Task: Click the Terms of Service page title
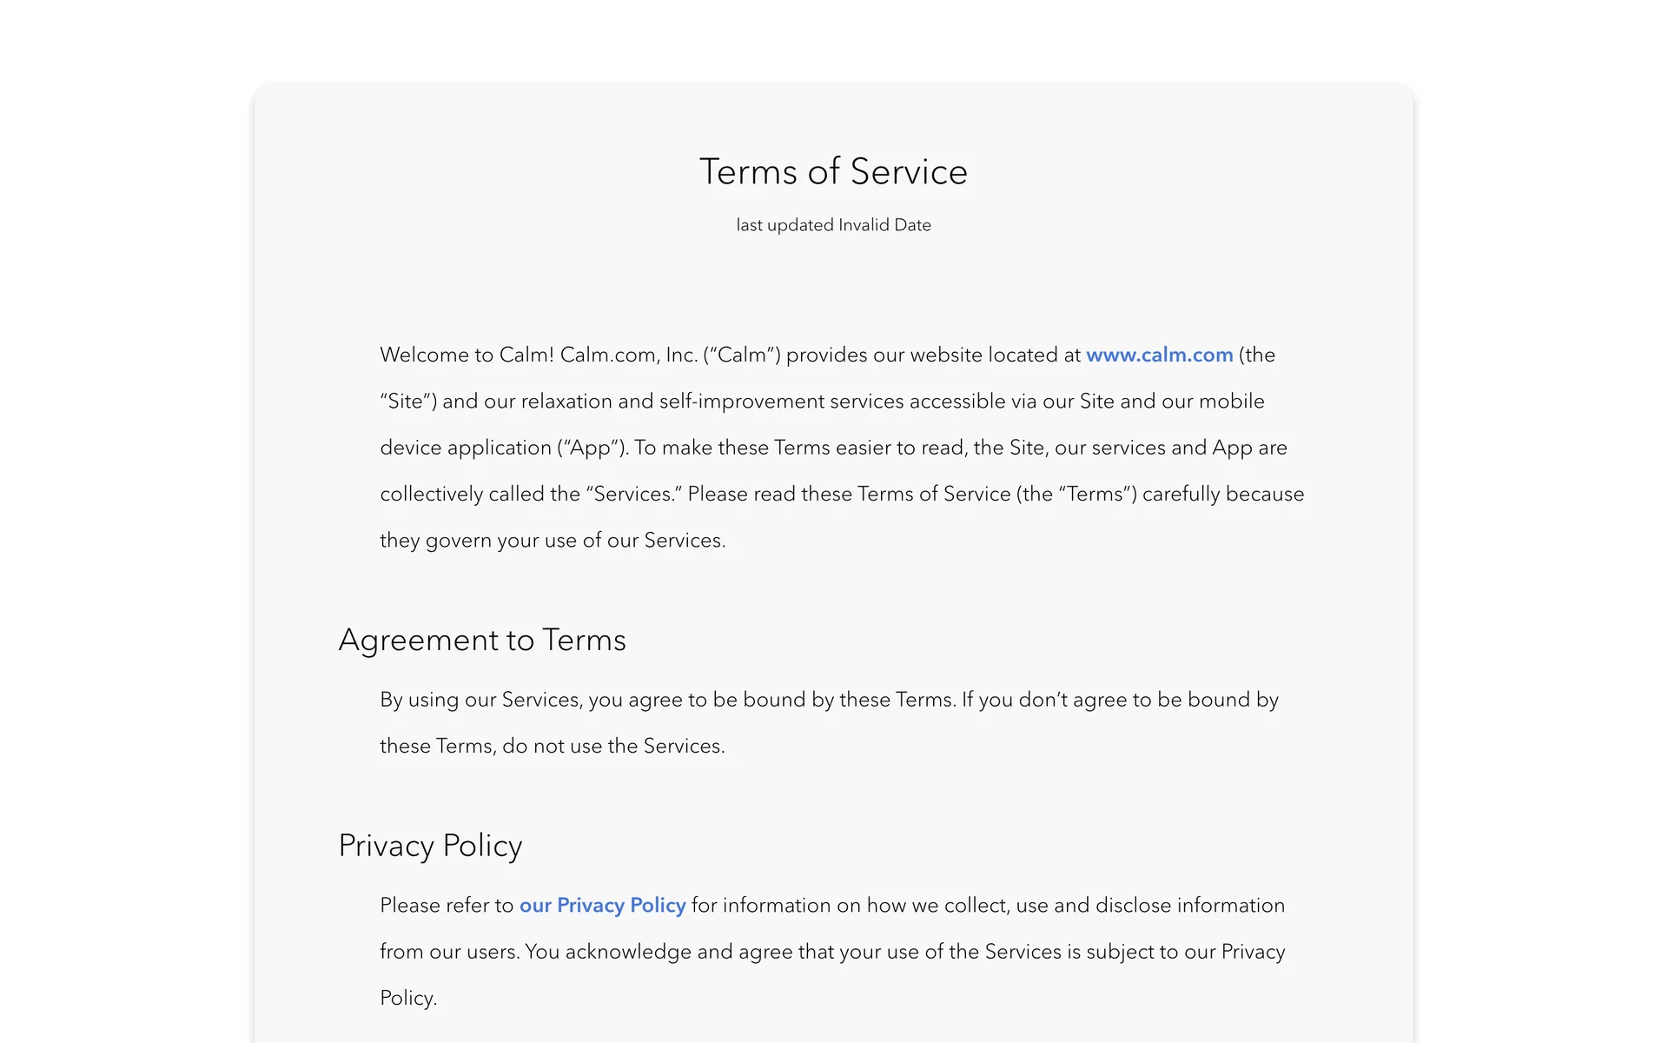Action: click(x=833, y=171)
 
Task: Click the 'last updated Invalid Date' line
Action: click(x=833, y=225)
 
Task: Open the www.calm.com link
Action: click(x=1159, y=355)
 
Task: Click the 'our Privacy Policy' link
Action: click(x=602, y=905)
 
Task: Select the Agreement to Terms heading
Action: click(x=482, y=640)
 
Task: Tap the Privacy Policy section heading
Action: click(x=430, y=846)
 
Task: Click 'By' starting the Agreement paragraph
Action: click(x=391, y=700)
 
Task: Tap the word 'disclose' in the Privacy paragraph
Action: click(x=1134, y=905)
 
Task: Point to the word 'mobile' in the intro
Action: click(x=1231, y=401)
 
